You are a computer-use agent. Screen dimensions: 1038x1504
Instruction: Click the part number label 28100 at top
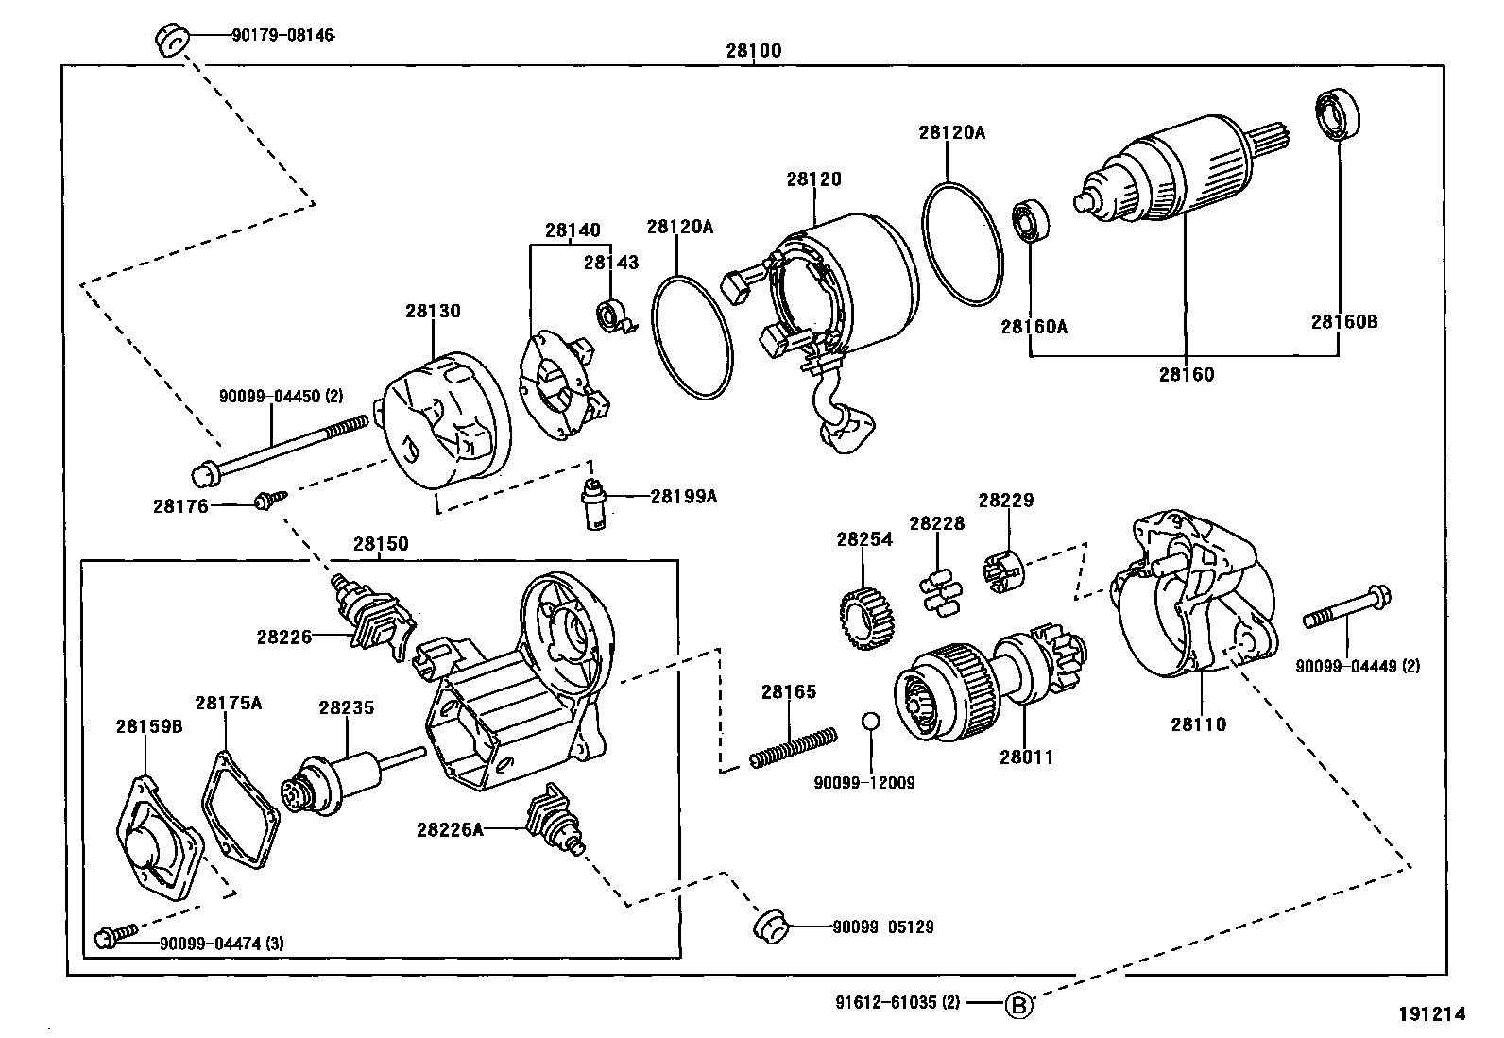[x=753, y=51]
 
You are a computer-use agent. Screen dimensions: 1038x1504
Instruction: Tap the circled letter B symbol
[x=1017, y=1005]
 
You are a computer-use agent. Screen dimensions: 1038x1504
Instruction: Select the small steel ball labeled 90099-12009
[x=870, y=722]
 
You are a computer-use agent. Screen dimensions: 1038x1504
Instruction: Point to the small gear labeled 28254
[x=866, y=618]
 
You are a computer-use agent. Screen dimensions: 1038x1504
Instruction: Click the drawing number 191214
[x=1432, y=1014]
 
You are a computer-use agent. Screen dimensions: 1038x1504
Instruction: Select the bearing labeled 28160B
[x=1337, y=114]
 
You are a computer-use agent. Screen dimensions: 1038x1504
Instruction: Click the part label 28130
[x=433, y=311]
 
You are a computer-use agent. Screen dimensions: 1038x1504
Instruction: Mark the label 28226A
[x=450, y=829]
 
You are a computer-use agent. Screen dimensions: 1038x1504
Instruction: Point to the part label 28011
[x=1026, y=757]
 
